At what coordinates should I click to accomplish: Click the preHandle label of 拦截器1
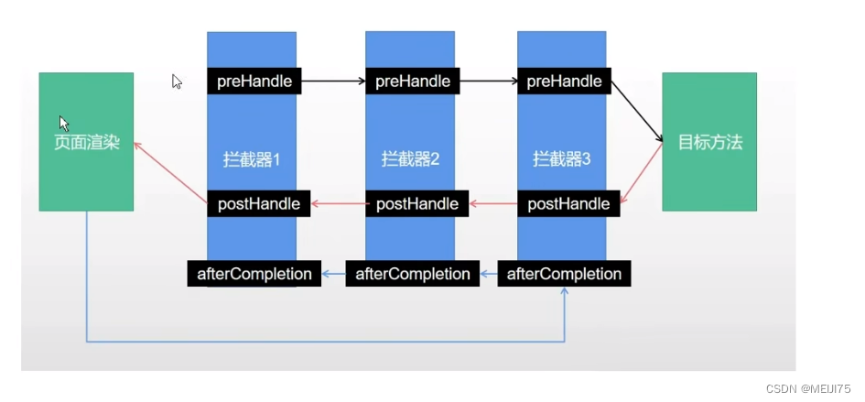254,81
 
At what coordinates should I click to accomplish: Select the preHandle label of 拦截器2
413,81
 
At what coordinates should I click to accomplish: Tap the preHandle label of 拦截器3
565,81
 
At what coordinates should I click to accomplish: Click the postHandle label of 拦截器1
259,203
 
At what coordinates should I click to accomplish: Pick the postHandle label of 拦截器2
417,203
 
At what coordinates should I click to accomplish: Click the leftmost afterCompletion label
254,273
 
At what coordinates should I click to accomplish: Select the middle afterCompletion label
413,273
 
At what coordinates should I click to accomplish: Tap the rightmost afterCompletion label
564,273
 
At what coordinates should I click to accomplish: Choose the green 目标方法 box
709,142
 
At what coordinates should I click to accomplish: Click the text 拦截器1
251,159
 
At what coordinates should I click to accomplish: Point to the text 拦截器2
411,159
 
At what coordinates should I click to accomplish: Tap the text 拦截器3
562,159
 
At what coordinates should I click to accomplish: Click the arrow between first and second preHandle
333,81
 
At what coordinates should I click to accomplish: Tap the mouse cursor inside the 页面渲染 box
64,123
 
